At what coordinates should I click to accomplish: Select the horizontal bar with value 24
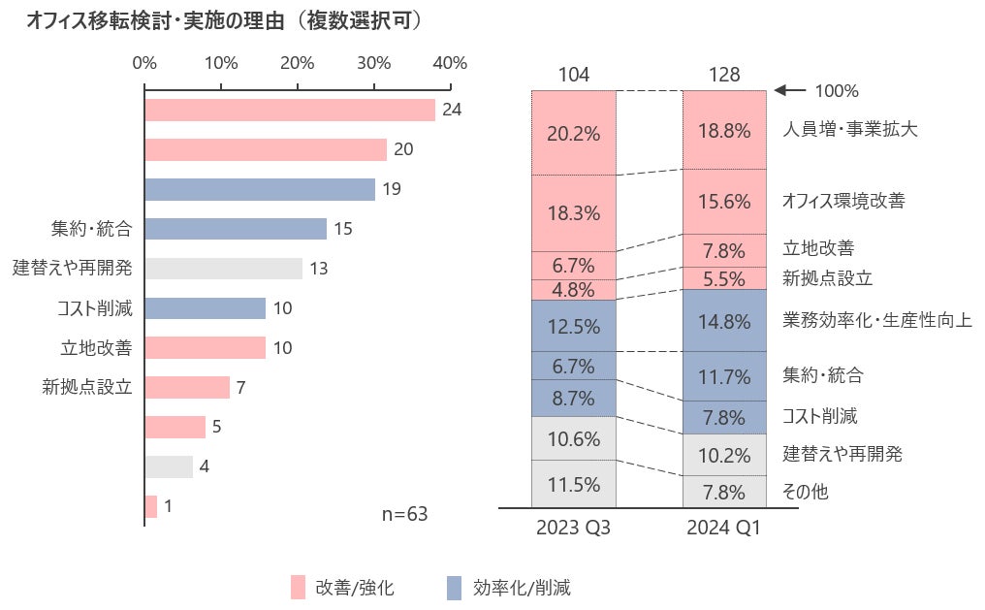pyautogui.click(x=289, y=110)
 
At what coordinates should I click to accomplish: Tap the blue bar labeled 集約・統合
pyautogui.click(x=235, y=229)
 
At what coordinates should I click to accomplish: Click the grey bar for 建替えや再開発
pyautogui.click(x=223, y=269)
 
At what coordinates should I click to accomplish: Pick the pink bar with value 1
pyautogui.click(x=150, y=506)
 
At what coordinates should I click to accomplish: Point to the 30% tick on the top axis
pyautogui.click(x=373, y=63)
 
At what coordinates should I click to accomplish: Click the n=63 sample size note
pyautogui.click(x=404, y=514)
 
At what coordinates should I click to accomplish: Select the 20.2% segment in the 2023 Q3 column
pyautogui.click(x=573, y=133)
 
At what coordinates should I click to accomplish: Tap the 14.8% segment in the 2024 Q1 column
pyautogui.click(x=724, y=320)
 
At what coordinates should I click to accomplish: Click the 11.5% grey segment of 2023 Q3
pyautogui.click(x=573, y=484)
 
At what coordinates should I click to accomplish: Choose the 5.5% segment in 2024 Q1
pyautogui.click(x=724, y=278)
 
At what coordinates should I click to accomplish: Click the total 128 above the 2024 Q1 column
pyautogui.click(x=724, y=75)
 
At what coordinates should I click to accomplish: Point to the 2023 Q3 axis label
pyautogui.click(x=573, y=529)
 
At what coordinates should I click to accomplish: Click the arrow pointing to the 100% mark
pyautogui.click(x=790, y=91)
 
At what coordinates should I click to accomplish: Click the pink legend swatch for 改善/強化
pyautogui.click(x=298, y=587)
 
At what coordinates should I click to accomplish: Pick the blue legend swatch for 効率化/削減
pyautogui.click(x=453, y=587)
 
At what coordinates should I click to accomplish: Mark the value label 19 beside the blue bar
pyautogui.click(x=392, y=189)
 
